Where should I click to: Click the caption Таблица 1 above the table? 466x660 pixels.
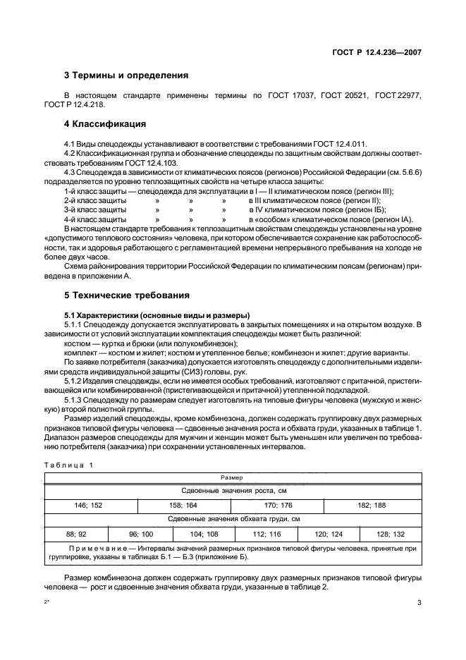coord(67,465)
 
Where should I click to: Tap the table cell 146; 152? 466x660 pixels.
coord(89,506)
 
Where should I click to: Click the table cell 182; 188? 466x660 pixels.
coord(371,506)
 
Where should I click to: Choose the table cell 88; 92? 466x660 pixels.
coord(75,534)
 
